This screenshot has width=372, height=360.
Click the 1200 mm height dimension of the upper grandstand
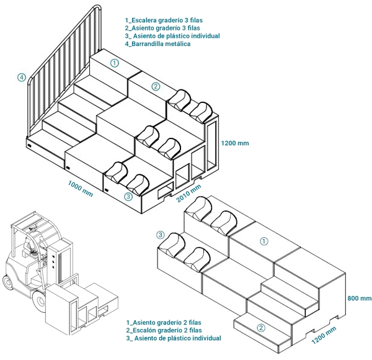(235, 143)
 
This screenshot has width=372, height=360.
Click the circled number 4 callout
(22, 78)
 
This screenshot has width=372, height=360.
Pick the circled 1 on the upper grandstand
(114, 63)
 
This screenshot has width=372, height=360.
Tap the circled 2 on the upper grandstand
(156, 86)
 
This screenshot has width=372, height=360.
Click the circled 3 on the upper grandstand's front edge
(128, 197)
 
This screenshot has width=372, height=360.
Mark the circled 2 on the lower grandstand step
(262, 328)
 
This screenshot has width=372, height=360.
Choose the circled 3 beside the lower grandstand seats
(161, 235)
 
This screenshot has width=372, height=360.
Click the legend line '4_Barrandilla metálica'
(157, 44)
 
